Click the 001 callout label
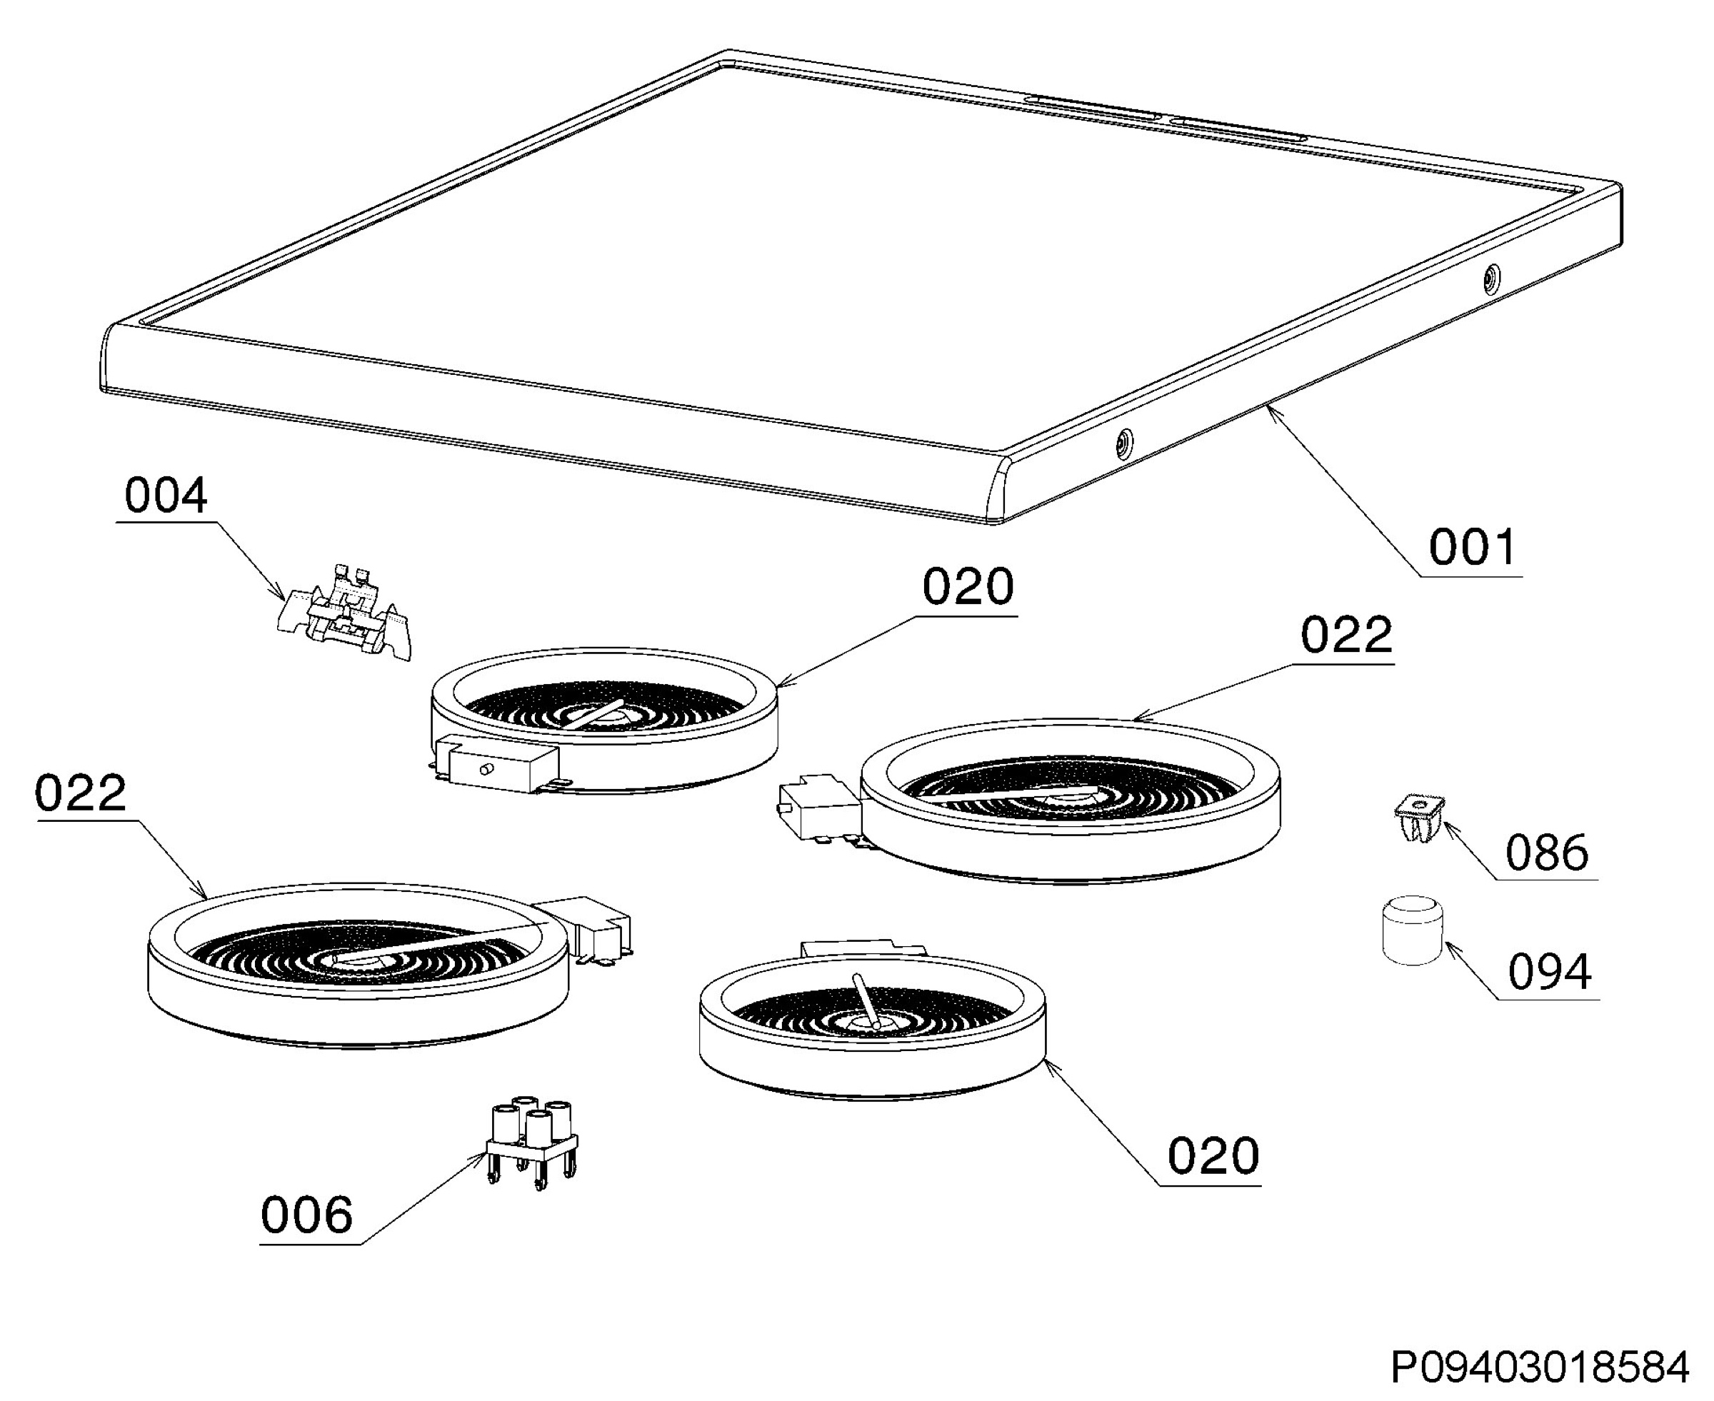tap(1473, 548)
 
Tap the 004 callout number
tap(166, 496)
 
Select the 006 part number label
tap(306, 1215)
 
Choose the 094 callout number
tap(1549, 972)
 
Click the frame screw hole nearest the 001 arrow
tap(1123, 442)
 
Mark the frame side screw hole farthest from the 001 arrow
tap(1491, 278)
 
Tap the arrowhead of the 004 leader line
tap(284, 599)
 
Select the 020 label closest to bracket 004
tap(968, 588)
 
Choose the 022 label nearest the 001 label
tap(1347, 635)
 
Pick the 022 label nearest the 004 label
tap(81, 793)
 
